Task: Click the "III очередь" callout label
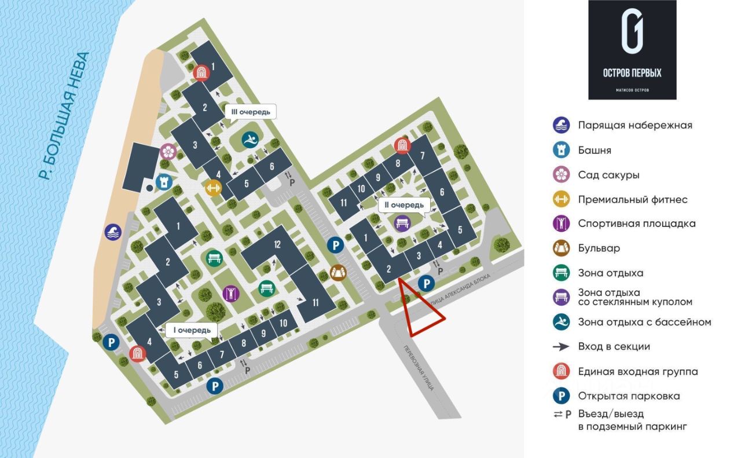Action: pyautogui.click(x=250, y=111)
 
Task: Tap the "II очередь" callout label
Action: pyautogui.click(x=405, y=205)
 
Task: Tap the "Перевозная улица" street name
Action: pyautogui.click(x=417, y=368)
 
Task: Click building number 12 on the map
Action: pyautogui.click(x=277, y=245)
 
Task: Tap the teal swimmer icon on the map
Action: pyautogui.click(x=250, y=140)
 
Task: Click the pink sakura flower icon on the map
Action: pyautogui.click(x=168, y=151)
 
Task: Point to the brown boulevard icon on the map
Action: pyautogui.click(x=338, y=272)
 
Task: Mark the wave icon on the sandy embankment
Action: pyautogui.click(x=113, y=232)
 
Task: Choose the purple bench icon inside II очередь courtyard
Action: pyautogui.click(x=402, y=223)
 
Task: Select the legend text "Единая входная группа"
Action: pyautogui.click(x=637, y=372)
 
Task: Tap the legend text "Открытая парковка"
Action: pyautogui.click(x=629, y=396)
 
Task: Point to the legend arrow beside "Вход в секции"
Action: pyautogui.click(x=561, y=347)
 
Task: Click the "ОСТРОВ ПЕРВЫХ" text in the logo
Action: pyautogui.click(x=632, y=73)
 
